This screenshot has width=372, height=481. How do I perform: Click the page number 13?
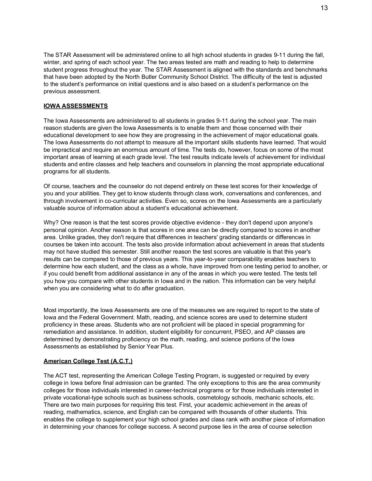pyautogui.click(x=324, y=8)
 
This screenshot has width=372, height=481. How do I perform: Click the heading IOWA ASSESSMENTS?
pyautogui.click(x=76, y=106)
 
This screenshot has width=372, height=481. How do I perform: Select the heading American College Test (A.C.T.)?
pyautogui.click(x=88, y=361)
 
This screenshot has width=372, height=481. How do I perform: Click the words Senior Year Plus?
pyautogui.click(x=150, y=347)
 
